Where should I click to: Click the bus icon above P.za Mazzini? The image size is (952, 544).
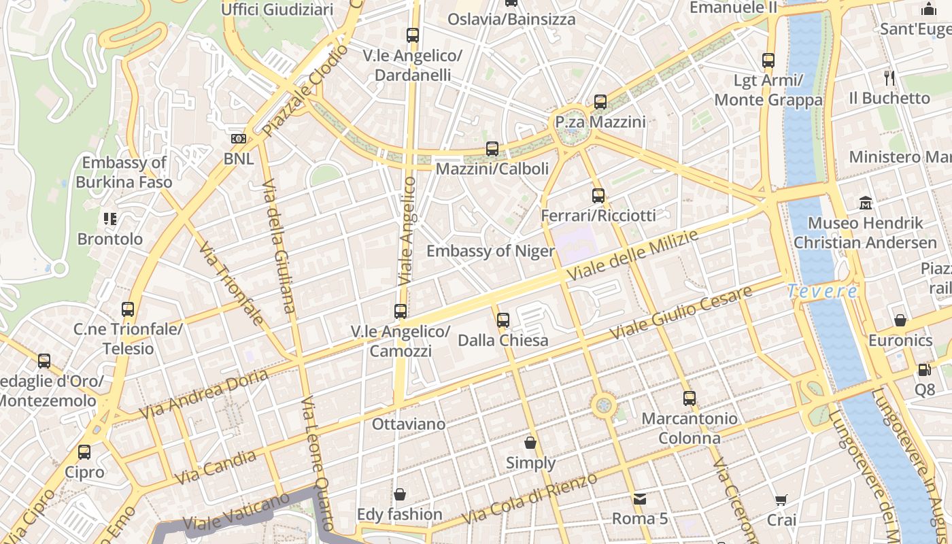coord(600,102)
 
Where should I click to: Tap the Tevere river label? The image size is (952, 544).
coord(822,292)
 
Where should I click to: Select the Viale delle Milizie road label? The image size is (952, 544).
coord(633,256)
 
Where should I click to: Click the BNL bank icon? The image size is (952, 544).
coord(239,139)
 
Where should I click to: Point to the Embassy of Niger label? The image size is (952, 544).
coord(490,251)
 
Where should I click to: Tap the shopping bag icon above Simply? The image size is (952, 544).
coord(530,443)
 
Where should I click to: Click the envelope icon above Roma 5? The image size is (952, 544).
coord(640,499)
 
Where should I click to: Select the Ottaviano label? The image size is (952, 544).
coord(409,424)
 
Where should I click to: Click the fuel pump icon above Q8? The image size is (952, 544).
coord(924,370)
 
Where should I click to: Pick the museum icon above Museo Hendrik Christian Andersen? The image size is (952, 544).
coord(866,203)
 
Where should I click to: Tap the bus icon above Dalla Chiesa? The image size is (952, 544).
coord(503,320)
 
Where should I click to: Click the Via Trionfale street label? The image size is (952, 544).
coord(231,284)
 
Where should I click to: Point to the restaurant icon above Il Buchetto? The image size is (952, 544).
coord(888,78)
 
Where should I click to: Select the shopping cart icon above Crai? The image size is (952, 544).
coord(781,500)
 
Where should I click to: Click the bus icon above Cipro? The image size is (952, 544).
coord(84,452)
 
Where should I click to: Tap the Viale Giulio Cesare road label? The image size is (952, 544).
coord(681,313)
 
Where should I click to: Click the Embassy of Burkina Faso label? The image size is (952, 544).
coord(124,172)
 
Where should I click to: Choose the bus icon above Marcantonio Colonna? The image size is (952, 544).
coord(690,398)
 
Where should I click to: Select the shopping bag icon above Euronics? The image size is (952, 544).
coord(900,320)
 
